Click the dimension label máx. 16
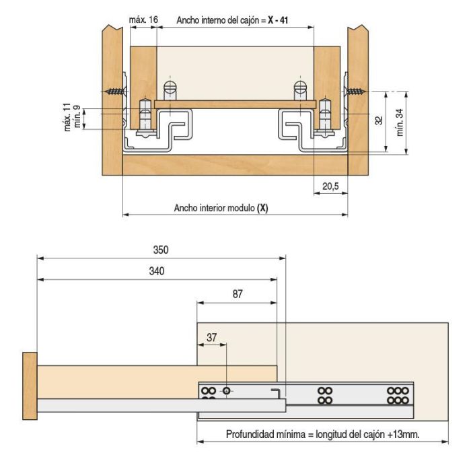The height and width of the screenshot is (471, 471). (x=143, y=20)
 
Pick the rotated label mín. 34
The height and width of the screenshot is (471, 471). (x=400, y=122)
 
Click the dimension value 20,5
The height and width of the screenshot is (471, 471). (x=330, y=186)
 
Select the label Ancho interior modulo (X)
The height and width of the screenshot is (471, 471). (x=221, y=208)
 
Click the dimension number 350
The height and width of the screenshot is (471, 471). (x=159, y=249)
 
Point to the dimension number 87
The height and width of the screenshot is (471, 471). (x=236, y=293)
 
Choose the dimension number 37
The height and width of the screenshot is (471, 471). (x=212, y=338)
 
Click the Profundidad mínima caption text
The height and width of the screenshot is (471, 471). (x=322, y=434)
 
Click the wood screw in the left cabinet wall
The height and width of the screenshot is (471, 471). (x=115, y=92)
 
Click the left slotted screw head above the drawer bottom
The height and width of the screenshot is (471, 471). (x=170, y=87)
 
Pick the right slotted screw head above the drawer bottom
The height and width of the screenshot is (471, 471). (x=300, y=87)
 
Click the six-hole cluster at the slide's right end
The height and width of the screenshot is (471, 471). (x=398, y=395)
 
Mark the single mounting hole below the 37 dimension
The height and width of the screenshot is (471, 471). (x=227, y=391)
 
